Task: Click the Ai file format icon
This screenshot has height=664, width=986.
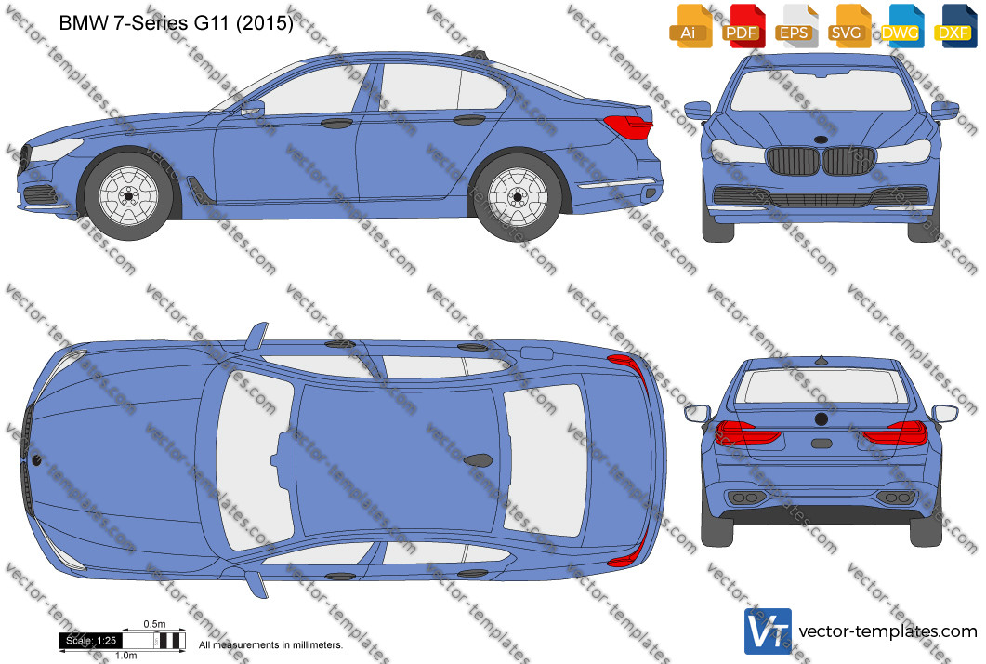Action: [690, 26]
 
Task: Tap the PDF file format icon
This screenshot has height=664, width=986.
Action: [743, 26]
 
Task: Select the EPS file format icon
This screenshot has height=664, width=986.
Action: [796, 26]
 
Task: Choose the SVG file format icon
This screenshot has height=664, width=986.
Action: [849, 26]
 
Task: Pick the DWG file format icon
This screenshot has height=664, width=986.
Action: [902, 26]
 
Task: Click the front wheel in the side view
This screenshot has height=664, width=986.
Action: [129, 195]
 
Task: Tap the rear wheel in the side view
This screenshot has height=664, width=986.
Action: [518, 197]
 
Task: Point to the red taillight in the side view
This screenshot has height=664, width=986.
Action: [627, 126]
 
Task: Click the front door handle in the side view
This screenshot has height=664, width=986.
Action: [336, 123]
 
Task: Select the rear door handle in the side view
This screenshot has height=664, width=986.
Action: [469, 120]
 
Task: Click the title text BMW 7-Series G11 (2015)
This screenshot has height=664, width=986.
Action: [176, 23]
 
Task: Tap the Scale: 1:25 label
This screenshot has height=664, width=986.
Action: [91, 641]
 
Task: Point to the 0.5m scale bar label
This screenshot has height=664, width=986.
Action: [154, 624]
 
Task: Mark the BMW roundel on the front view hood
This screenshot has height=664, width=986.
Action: [821, 139]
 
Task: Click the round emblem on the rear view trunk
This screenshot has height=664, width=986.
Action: [822, 418]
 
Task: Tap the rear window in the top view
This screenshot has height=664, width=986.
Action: [545, 460]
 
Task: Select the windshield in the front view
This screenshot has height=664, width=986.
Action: [822, 90]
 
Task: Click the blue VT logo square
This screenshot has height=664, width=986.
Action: [768, 631]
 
